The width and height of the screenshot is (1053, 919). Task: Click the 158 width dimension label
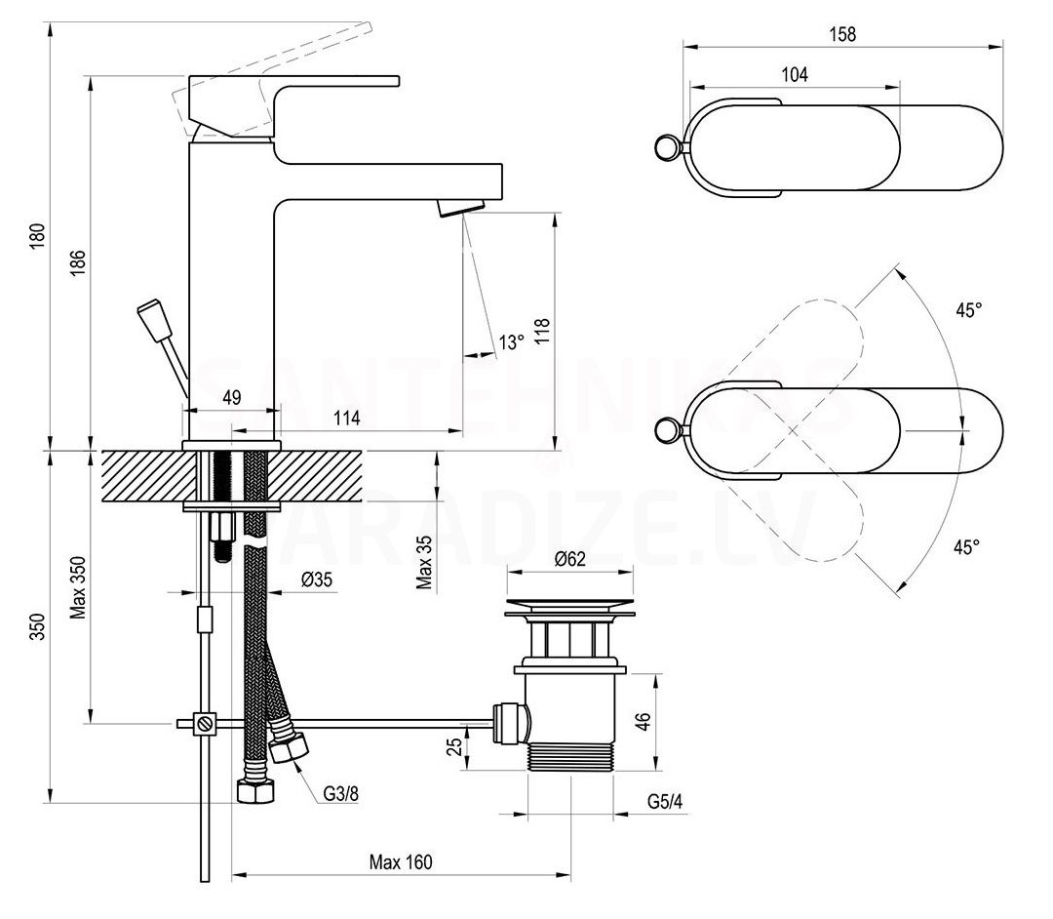point(842,33)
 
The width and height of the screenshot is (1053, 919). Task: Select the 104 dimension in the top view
point(795,74)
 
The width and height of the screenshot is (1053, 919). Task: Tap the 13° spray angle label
point(511,341)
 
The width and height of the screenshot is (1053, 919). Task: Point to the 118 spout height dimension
point(543,331)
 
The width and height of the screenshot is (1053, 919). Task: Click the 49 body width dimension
point(232,398)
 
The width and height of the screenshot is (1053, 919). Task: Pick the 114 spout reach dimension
point(346,418)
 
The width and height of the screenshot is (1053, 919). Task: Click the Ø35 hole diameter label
point(317,579)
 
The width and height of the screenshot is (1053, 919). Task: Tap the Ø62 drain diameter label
point(570,559)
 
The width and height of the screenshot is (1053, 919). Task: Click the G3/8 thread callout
point(341,794)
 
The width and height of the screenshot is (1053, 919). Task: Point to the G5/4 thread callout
point(665,801)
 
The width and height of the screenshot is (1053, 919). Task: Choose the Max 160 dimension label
point(401,861)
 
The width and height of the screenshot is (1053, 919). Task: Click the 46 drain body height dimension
point(643,722)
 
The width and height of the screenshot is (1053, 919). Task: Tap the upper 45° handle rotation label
point(969,309)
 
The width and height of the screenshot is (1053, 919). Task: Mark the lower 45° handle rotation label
point(966,547)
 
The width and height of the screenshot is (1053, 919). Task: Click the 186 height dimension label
point(79,262)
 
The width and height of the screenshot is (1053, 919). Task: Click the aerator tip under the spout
point(462,207)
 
